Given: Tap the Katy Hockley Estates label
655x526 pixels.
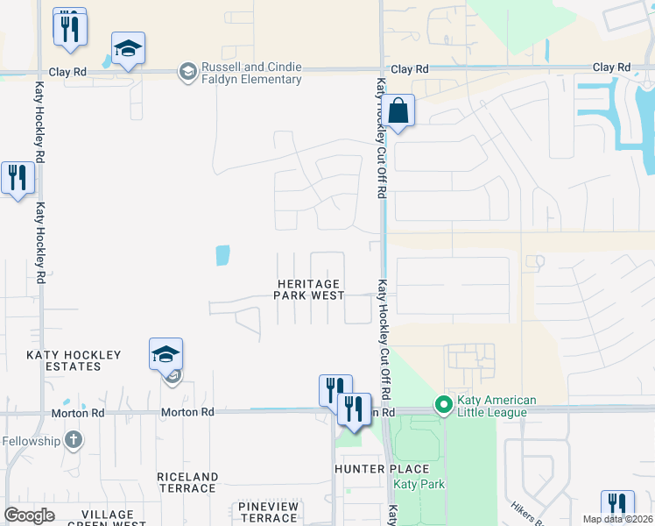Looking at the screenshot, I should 74,361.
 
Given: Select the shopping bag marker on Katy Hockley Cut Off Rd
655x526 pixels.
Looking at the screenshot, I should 398,111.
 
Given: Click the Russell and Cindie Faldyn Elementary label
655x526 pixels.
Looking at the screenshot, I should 241,73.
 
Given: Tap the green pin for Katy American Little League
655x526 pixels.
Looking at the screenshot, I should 443,406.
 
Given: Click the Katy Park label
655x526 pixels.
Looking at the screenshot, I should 419,485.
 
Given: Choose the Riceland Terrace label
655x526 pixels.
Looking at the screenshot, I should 187,482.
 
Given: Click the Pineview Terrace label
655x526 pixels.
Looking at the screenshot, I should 268,512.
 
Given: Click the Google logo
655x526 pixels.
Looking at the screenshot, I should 29,515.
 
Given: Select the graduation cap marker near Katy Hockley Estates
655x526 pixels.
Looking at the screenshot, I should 166,355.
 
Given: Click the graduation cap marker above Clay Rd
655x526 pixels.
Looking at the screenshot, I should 128,49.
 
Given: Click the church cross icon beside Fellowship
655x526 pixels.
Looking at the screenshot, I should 74,439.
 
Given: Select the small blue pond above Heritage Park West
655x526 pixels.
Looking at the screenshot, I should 222,255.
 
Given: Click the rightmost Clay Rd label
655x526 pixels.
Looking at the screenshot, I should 611,68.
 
